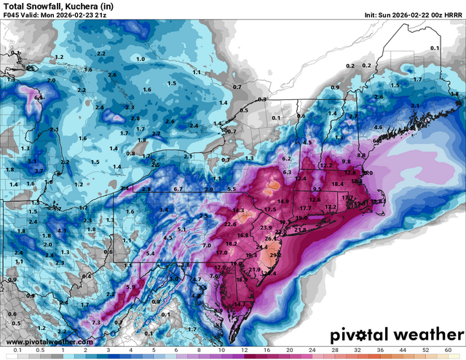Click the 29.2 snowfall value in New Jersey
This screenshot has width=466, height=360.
275,256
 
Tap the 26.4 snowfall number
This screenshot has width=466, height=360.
271,239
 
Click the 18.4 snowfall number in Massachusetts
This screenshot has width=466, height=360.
337,185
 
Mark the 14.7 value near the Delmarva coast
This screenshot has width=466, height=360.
243,303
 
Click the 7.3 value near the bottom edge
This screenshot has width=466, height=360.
96,322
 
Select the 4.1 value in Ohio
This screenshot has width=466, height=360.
62,230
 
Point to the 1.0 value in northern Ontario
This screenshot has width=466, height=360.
140,58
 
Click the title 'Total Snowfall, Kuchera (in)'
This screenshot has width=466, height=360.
50,7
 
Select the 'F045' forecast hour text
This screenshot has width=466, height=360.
12,17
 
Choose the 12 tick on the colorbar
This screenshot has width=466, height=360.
244,351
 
